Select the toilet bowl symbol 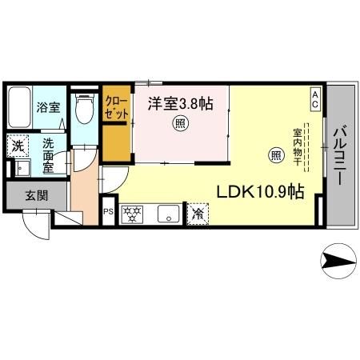pos(82,110)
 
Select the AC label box pos(315,100)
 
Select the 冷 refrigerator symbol pos(197,214)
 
